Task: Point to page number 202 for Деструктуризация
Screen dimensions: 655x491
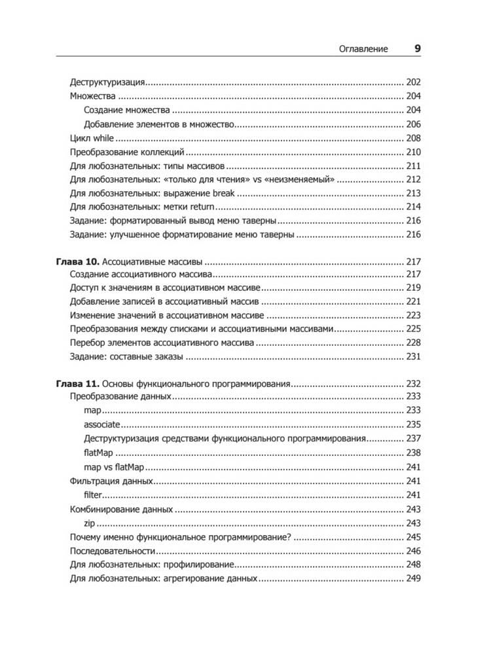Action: click(413, 83)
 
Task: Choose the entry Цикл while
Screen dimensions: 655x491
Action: click(92, 138)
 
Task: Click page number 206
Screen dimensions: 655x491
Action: click(413, 124)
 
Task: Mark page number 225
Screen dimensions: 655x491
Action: click(413, 329)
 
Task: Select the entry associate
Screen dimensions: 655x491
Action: click(102, 425)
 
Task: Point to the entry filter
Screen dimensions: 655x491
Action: click(94, 495)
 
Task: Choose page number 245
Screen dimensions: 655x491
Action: click(413, 536)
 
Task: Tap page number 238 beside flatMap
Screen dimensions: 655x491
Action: click(413, 453)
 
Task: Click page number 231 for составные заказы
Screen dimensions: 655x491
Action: click(413, 357)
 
